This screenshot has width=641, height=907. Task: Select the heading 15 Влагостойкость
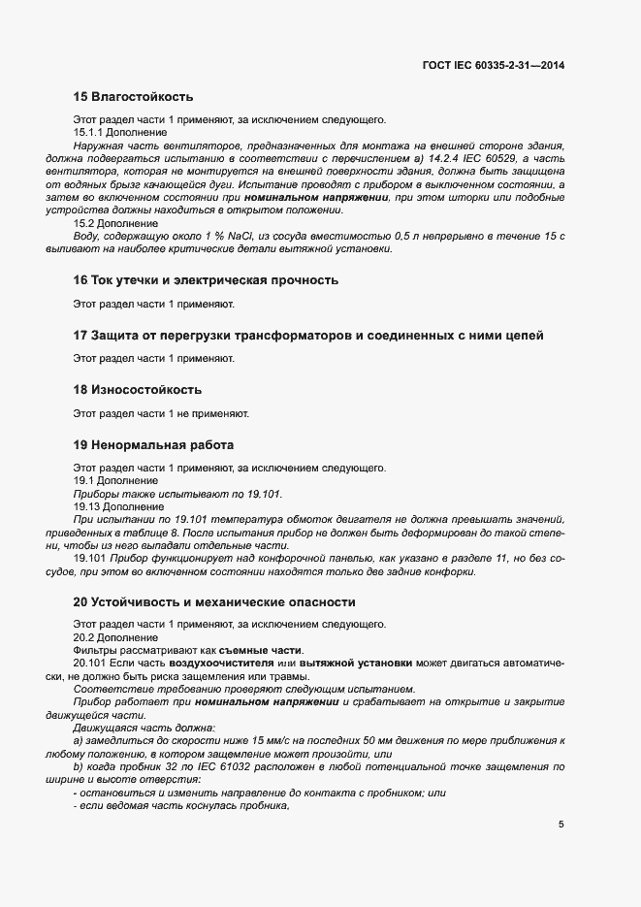133,96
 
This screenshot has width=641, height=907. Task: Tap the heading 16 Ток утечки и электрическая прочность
206,280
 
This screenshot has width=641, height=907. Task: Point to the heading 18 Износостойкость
138,390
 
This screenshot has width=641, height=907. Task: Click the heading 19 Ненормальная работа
153,445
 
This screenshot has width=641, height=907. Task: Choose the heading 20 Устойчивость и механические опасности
214,602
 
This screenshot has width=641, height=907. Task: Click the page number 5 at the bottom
561,825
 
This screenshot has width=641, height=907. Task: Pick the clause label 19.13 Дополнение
118,507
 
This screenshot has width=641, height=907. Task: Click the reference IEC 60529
464,157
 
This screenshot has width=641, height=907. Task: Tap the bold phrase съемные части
261,650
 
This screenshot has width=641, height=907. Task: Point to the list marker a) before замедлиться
79,741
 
